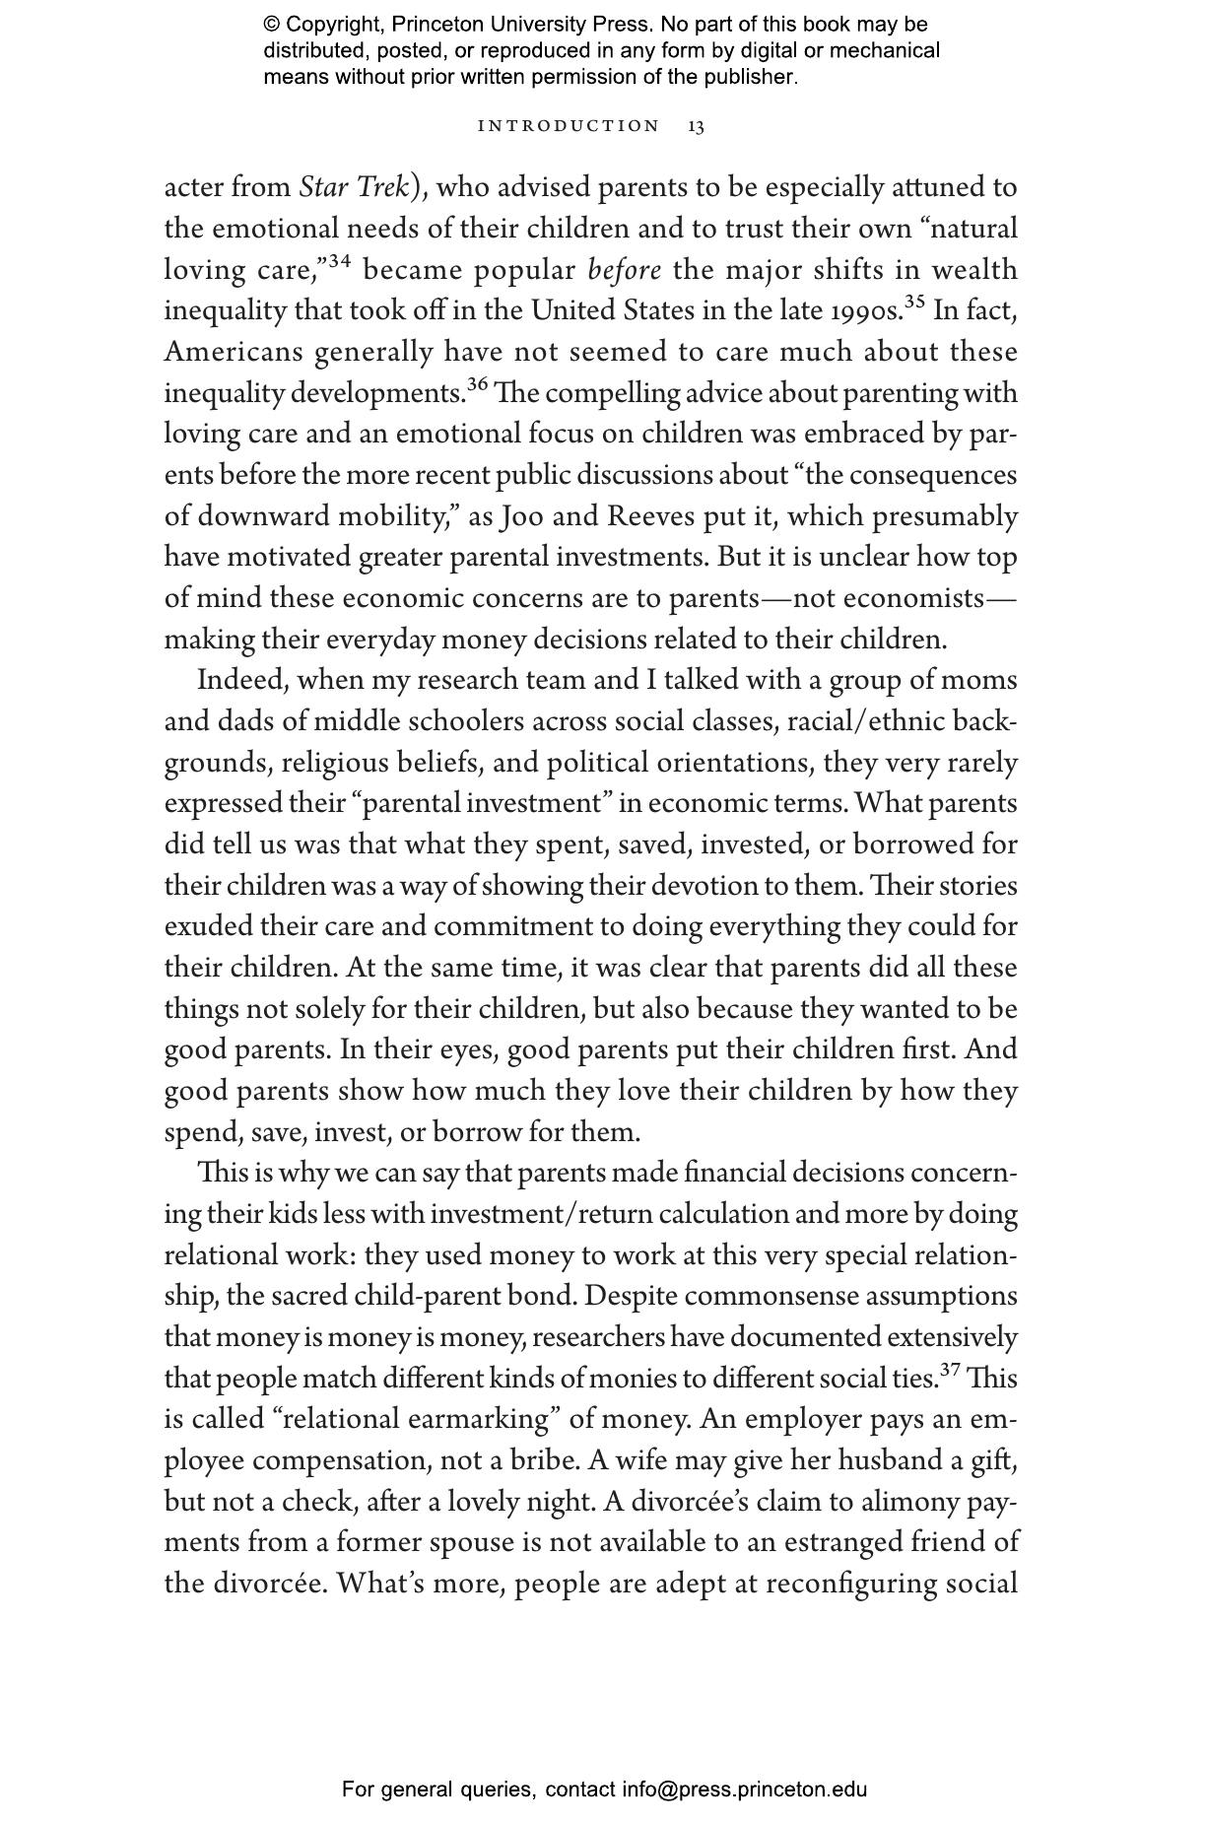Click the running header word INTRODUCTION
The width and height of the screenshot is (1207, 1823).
(569, 126)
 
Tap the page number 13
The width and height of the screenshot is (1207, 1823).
(696, 126)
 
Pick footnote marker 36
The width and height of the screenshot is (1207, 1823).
(477, 385)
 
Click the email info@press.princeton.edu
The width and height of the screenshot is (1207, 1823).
(744, 1789)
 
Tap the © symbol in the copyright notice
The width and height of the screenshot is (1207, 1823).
(272, 25)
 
